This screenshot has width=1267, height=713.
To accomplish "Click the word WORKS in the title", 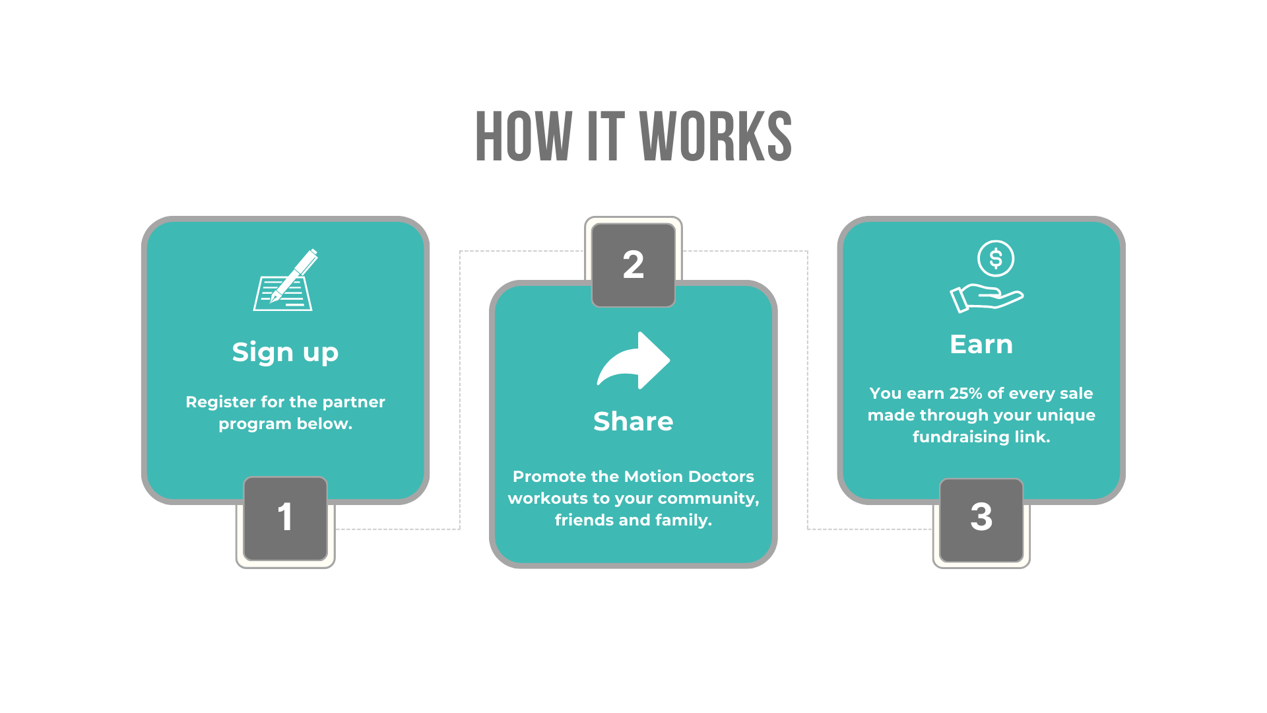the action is coord(715,137).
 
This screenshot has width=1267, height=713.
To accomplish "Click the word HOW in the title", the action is coord(523,137).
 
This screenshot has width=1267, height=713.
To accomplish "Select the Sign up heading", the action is coord(285,353).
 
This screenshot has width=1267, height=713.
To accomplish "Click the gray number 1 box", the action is coord(285,518).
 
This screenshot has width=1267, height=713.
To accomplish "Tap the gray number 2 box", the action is coord(633,265).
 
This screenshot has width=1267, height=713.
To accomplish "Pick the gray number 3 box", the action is coord(981,519).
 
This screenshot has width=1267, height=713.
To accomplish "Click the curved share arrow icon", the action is coord(633,360).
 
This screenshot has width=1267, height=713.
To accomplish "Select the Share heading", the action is coord(633,421).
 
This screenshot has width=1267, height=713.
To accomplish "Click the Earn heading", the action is coord(981,345).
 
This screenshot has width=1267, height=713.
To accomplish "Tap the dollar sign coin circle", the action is coord(996,258).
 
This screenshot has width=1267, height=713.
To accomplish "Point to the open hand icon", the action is coord(986,298).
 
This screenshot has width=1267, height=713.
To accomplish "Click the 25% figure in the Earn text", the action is coord(965,393).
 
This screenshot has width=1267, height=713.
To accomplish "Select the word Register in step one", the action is coord(220,402).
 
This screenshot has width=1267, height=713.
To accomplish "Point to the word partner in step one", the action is coord(354,402).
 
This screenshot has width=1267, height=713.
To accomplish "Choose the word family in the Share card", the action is coord(686,520).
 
